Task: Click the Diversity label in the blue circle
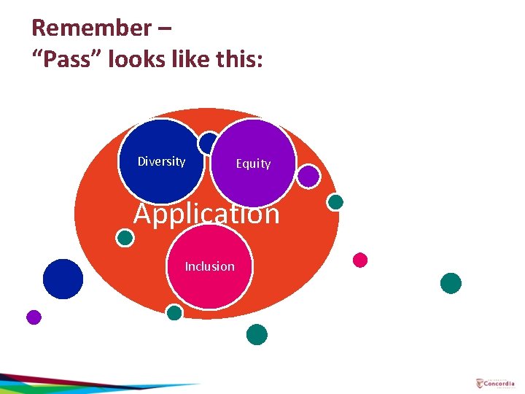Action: click(161, 161)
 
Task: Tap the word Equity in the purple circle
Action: click(253, 163)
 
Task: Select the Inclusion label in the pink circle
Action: click(210, 266)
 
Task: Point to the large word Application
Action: click(206, 214)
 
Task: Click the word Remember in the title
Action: click(91, 28)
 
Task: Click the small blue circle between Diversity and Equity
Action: click(209, 142)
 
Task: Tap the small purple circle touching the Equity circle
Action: click(309, 176)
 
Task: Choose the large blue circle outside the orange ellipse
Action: click(63, 279)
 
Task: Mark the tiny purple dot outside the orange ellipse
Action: click(34, 317)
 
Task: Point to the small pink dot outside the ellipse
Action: click(360, 260)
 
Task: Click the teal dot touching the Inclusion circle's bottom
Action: click(174, 313)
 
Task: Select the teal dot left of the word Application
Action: click(125, 238)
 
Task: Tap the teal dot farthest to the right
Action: click(451, 283)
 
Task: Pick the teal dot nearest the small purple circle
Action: click(335, 202)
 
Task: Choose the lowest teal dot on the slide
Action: click(257, 335)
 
